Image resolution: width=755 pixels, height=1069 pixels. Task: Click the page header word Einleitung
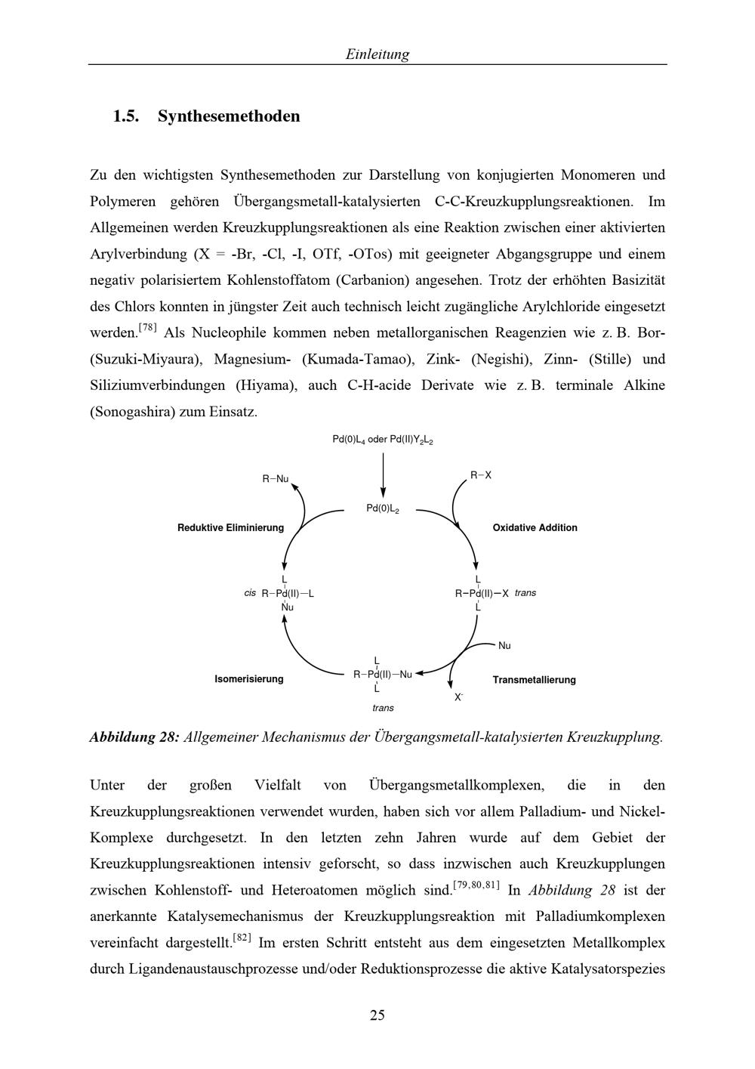pos(377,54)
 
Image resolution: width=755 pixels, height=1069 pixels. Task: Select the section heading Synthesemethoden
pos(229,116)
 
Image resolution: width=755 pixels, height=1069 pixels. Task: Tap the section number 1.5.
pos(127,116)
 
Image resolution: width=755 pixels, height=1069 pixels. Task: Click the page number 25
pos(377,1015)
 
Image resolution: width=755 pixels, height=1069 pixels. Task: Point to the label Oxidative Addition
pos(535,528)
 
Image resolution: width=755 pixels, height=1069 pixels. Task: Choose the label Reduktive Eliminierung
pos(230,528)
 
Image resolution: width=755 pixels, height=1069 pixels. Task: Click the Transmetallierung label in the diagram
pos(534,680)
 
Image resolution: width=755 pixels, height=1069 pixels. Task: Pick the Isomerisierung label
pos(249,679)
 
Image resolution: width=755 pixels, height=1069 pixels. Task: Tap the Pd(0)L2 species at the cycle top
pos(383,509)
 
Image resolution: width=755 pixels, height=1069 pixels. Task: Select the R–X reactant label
pos(481,475)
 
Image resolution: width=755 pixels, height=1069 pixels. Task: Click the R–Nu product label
pos(276,479)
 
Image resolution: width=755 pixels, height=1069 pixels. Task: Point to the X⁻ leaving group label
pos(458,697)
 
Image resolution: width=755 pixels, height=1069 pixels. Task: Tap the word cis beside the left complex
pos(250,593)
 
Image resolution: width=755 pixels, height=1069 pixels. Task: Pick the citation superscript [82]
pos(242,938)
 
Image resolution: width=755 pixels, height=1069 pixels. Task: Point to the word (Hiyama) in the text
pos(266,385)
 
